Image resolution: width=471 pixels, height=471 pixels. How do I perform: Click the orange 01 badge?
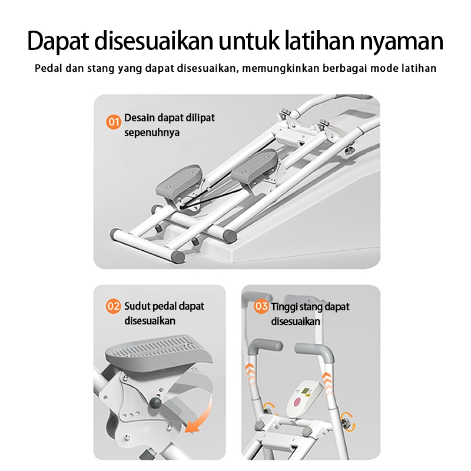pyautogui.click(x=114, y=122)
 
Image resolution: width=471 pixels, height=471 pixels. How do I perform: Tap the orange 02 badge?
pyautogui.click(x=113, y=306)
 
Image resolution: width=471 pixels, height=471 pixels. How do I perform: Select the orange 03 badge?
pyautogui.click(x=261, y=306)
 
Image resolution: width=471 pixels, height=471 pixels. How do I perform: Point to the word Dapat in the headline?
pyautogui.click(x=58, y=41)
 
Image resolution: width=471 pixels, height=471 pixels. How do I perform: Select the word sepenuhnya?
pyautogui.click(x=152, y=133)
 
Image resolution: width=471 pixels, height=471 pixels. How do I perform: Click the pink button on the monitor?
pyautogui.click(x=297, y=402)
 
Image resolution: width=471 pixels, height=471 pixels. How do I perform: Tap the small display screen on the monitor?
pyautogui.click(x=306, y=390)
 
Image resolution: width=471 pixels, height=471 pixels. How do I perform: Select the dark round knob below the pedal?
pyautogui.click(x=155, y=403)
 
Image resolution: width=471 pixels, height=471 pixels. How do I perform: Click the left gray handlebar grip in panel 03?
pyautogui.click(x=265, y=347)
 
